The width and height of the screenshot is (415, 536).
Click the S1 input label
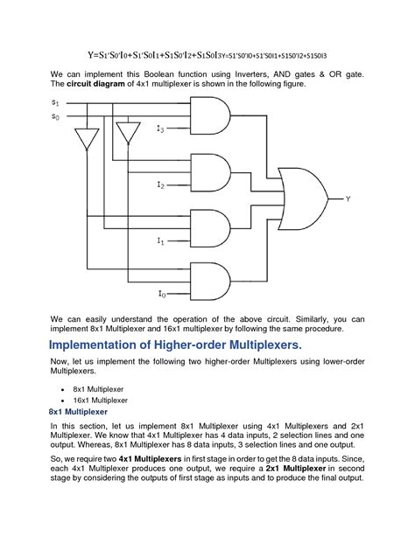(55, 102)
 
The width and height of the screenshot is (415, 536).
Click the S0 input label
(55, 116)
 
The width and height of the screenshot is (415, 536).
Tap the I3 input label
(160, 129)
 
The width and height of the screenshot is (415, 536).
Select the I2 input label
(160, 185)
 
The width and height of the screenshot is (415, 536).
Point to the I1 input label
(160, 241)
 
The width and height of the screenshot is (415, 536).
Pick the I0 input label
(162, 294)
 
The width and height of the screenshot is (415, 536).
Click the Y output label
(348, 198)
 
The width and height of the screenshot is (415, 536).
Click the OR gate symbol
(304, 198)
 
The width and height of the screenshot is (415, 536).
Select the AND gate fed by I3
(210, 115)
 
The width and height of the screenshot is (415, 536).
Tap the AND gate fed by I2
(210, 172)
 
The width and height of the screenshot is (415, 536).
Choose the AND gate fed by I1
(210, 228)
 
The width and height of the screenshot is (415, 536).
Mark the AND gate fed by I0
(210, 282)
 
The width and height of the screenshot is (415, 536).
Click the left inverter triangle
(87, 139)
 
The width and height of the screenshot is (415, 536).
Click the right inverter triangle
(129, 133)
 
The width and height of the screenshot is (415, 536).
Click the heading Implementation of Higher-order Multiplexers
(175, 345)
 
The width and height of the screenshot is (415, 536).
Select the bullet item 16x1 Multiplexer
(101, 400)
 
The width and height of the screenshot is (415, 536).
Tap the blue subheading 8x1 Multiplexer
(78, 412)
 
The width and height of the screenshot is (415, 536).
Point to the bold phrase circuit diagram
(96, 84)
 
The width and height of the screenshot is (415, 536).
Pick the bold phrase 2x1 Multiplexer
(296, 469)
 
